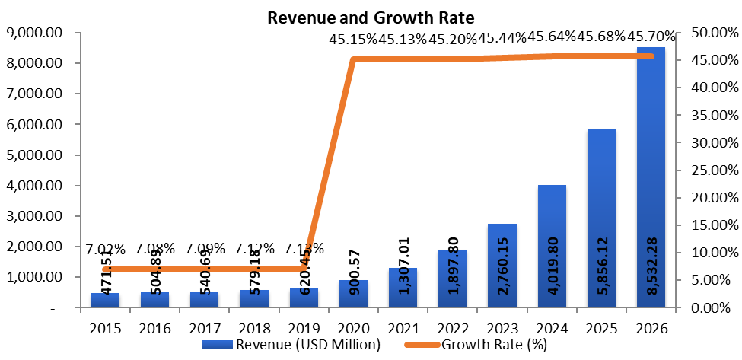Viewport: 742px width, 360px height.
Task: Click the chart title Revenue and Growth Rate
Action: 371,17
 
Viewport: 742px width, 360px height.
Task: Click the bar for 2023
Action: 502,266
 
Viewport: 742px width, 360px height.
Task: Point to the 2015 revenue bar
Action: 105,300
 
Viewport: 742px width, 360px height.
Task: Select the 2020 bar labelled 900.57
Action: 353,294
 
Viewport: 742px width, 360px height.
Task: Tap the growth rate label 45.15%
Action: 353,40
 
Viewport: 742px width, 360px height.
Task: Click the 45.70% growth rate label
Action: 651,37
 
